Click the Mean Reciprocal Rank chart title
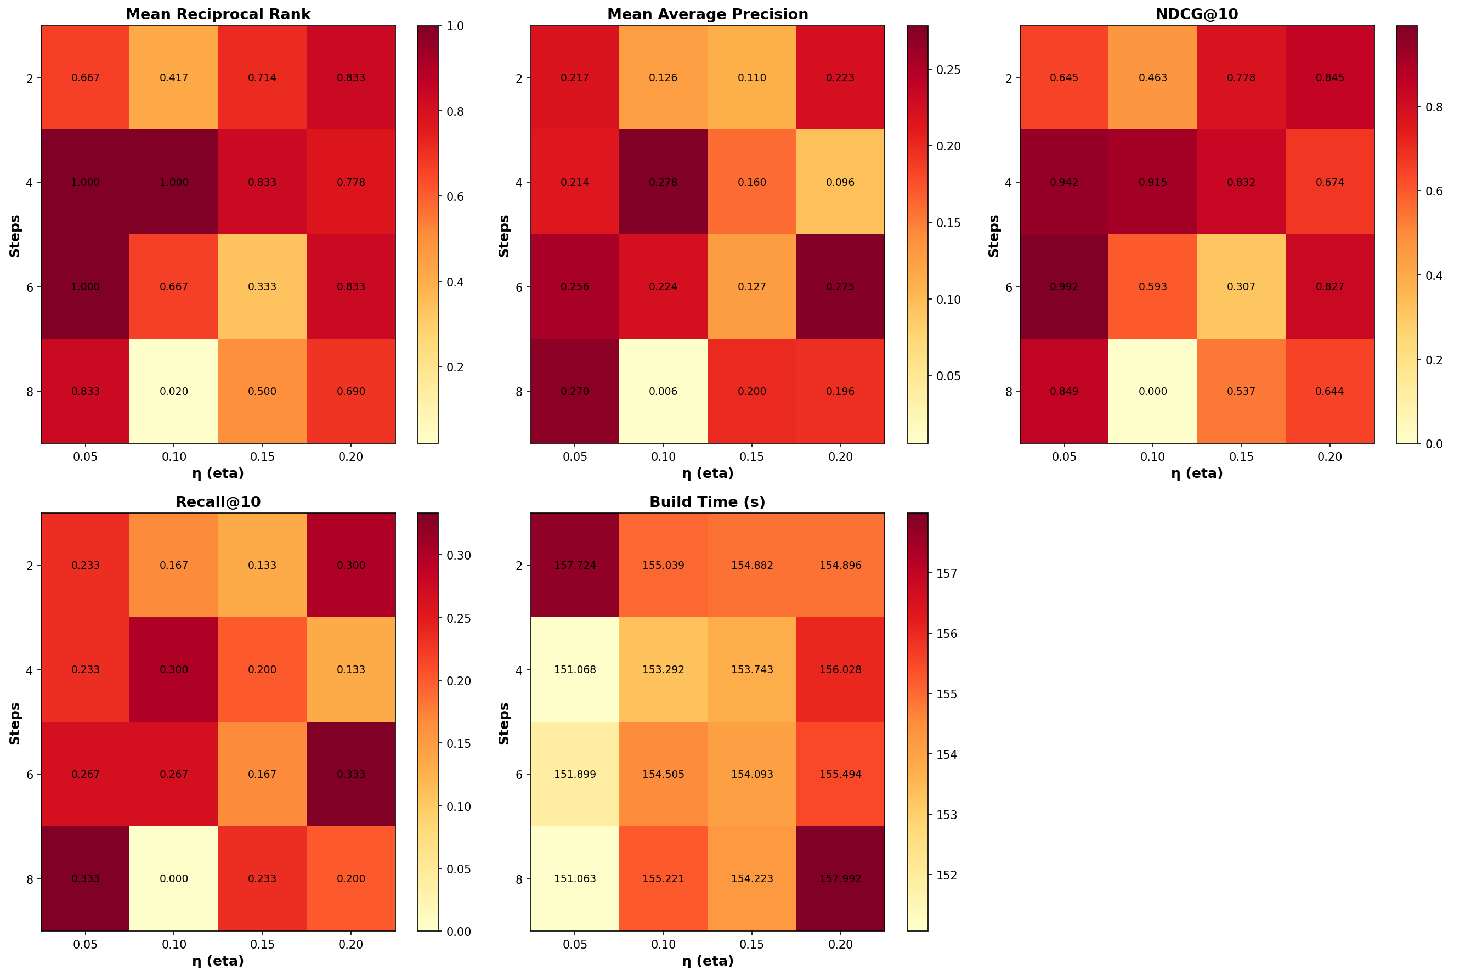coord(218,14)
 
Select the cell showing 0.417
coord(174,78)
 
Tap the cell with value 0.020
coord(174,392)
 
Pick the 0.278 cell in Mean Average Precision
coord(663,182)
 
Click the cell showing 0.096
coord(840,182)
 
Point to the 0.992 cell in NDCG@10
coord(1064,287)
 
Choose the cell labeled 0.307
coord(1241,287)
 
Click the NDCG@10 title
coord(1197,14)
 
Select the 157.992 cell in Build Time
coord(840,879)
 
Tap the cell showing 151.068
coord(575,670)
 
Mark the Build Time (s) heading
coord(708,501)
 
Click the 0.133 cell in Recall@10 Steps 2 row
coord(263,565)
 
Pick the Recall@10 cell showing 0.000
coord(174,879)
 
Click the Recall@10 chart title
coord(218,501)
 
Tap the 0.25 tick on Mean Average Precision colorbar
coord(948,70)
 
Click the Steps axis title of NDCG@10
coord(994,235)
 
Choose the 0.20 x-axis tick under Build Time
coord(840,944)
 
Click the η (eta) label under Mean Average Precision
coord(708,473)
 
